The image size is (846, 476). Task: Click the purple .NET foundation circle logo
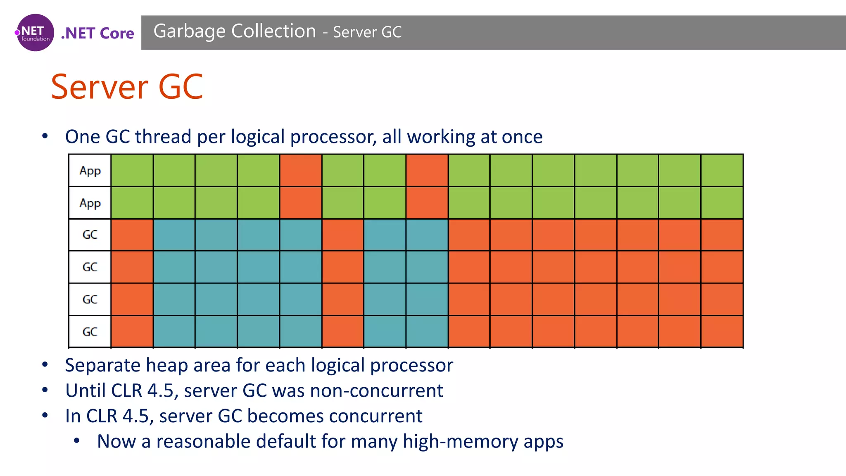35,33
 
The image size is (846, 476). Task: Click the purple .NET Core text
97,33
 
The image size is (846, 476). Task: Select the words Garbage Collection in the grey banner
235,31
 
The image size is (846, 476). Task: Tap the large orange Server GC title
127,87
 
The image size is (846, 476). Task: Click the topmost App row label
90,171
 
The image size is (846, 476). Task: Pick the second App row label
90,203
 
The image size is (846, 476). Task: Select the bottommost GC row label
90,332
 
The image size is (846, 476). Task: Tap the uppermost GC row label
90,235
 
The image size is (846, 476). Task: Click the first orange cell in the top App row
301,170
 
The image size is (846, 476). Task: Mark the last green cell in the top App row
722,170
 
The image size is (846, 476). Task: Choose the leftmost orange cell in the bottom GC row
132,332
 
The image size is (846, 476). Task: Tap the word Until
85,391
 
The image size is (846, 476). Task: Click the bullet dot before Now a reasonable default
77,441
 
